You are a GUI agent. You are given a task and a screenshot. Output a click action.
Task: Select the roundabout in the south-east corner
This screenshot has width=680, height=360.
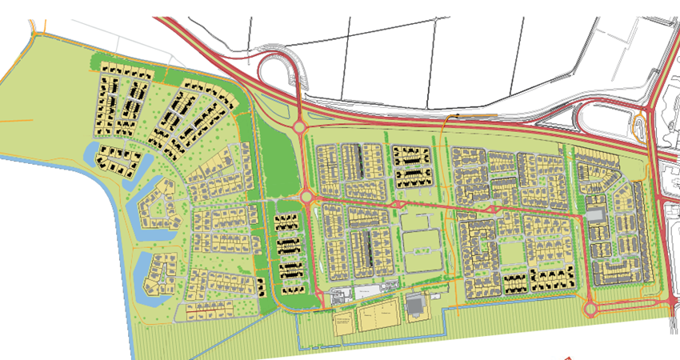point(592,307)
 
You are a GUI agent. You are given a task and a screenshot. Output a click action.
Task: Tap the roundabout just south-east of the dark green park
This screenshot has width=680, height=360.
point(307,195)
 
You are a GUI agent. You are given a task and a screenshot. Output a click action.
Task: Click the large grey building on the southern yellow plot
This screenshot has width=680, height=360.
point(415,304)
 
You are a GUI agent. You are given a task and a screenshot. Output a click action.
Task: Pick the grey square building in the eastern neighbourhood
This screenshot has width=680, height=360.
point(594,214)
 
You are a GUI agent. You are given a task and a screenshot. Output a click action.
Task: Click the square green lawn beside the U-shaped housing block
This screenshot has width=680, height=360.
point(512,252)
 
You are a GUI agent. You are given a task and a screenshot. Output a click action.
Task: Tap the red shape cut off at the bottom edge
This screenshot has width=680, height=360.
point(568,357)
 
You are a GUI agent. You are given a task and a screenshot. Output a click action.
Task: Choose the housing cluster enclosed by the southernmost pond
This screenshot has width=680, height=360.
point(160,272)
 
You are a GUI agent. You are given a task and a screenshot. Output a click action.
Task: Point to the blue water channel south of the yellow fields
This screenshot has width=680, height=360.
point(376,346)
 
